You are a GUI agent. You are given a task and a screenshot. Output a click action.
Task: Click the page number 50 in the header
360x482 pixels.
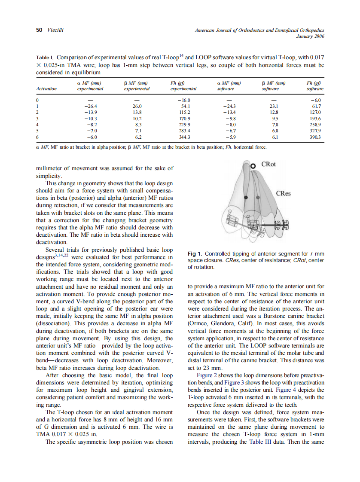pos(39,31)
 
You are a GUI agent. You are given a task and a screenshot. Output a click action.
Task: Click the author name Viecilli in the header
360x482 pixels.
pos(56,31)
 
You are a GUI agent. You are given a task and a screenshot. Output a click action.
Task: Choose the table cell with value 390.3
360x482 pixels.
pos(315,137)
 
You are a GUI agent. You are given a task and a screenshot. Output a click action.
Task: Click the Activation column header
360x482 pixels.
pos(47,89)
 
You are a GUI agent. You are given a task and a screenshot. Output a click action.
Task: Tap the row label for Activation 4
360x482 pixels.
pos(38,125)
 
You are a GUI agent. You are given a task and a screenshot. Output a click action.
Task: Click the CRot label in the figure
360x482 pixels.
pos(268,165)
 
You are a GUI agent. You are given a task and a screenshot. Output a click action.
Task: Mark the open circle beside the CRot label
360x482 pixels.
pos(253,166)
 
